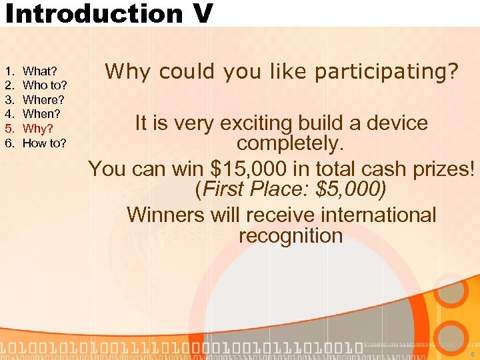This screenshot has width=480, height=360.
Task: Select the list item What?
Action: click(x=39, y=71)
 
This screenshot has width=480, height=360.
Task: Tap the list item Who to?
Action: click(x=45, y=85)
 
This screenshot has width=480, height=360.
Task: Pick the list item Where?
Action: click(x=43, y=99)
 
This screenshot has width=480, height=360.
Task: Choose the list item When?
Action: click(x=41, y=114)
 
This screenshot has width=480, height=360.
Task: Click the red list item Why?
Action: click(x=37, y=128)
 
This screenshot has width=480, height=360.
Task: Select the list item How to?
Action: click(x=45, y=143)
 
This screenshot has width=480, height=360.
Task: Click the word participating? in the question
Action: click(x=387, y=71)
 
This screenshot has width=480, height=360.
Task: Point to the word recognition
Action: click(x=290, y=235)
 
